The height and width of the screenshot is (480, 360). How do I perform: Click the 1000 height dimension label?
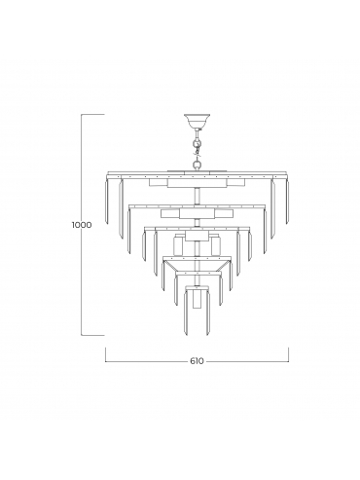82,225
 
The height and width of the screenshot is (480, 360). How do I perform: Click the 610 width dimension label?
197,360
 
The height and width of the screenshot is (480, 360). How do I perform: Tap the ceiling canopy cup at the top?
197,120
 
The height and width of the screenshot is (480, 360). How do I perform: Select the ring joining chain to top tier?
197,165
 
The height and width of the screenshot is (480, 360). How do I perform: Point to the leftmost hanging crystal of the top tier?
106,201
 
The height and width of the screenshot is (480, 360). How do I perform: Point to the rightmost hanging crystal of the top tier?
287,201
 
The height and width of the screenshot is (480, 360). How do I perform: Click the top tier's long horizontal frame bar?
197,173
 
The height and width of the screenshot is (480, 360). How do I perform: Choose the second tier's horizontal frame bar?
197,206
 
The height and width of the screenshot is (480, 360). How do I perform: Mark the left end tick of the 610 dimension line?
106,354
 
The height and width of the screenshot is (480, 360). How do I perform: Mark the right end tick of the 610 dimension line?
288,354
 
